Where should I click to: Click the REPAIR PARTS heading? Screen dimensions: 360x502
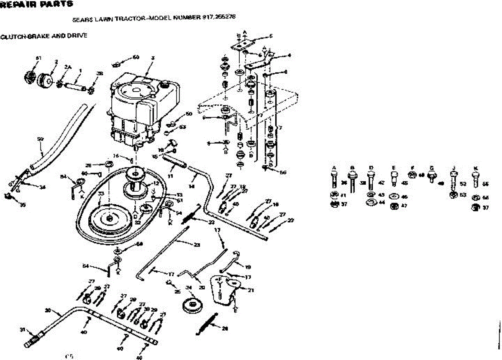tap(36, 4)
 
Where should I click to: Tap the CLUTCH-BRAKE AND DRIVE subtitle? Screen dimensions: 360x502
tap(44, 36)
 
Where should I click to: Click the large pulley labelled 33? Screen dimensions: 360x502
tap(108, 218)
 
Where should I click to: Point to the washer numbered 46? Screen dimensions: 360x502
tap(393, 197)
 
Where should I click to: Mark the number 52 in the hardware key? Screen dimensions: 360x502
tap(463, 183)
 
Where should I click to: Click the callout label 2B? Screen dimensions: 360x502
tap(100, 74)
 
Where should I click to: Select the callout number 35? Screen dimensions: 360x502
tap(23, 205)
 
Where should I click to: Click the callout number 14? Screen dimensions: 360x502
tap(192, 185)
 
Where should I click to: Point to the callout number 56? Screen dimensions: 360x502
tap(283, 172)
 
